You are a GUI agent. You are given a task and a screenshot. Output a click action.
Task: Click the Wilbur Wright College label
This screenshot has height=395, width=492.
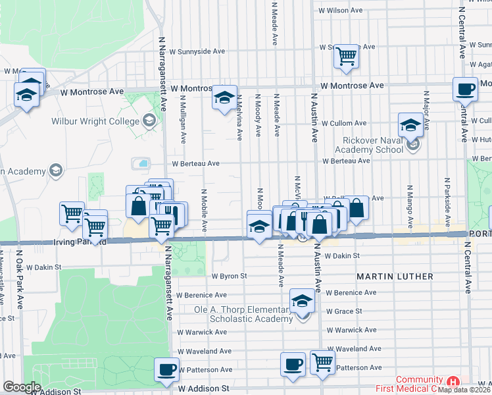97,121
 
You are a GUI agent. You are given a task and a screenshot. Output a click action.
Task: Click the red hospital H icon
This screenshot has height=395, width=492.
453,381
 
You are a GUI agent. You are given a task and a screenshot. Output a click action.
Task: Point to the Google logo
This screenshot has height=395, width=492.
22,387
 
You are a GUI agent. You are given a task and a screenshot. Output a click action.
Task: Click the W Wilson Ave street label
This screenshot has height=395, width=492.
340,11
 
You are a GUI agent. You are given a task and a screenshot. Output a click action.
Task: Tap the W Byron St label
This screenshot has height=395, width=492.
228,276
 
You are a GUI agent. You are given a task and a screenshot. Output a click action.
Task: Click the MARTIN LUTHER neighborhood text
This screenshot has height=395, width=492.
395,276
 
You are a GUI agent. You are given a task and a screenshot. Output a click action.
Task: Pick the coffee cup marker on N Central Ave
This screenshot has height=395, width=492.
465,89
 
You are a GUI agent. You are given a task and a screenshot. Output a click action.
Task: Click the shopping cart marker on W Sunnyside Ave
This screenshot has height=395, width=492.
345,56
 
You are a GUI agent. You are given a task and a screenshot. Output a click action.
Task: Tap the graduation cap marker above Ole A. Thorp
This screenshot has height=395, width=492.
302,301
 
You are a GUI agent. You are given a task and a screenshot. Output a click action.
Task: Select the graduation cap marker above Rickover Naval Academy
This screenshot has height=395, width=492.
410,124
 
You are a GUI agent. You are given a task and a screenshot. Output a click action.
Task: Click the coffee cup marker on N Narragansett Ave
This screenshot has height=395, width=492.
167,369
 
